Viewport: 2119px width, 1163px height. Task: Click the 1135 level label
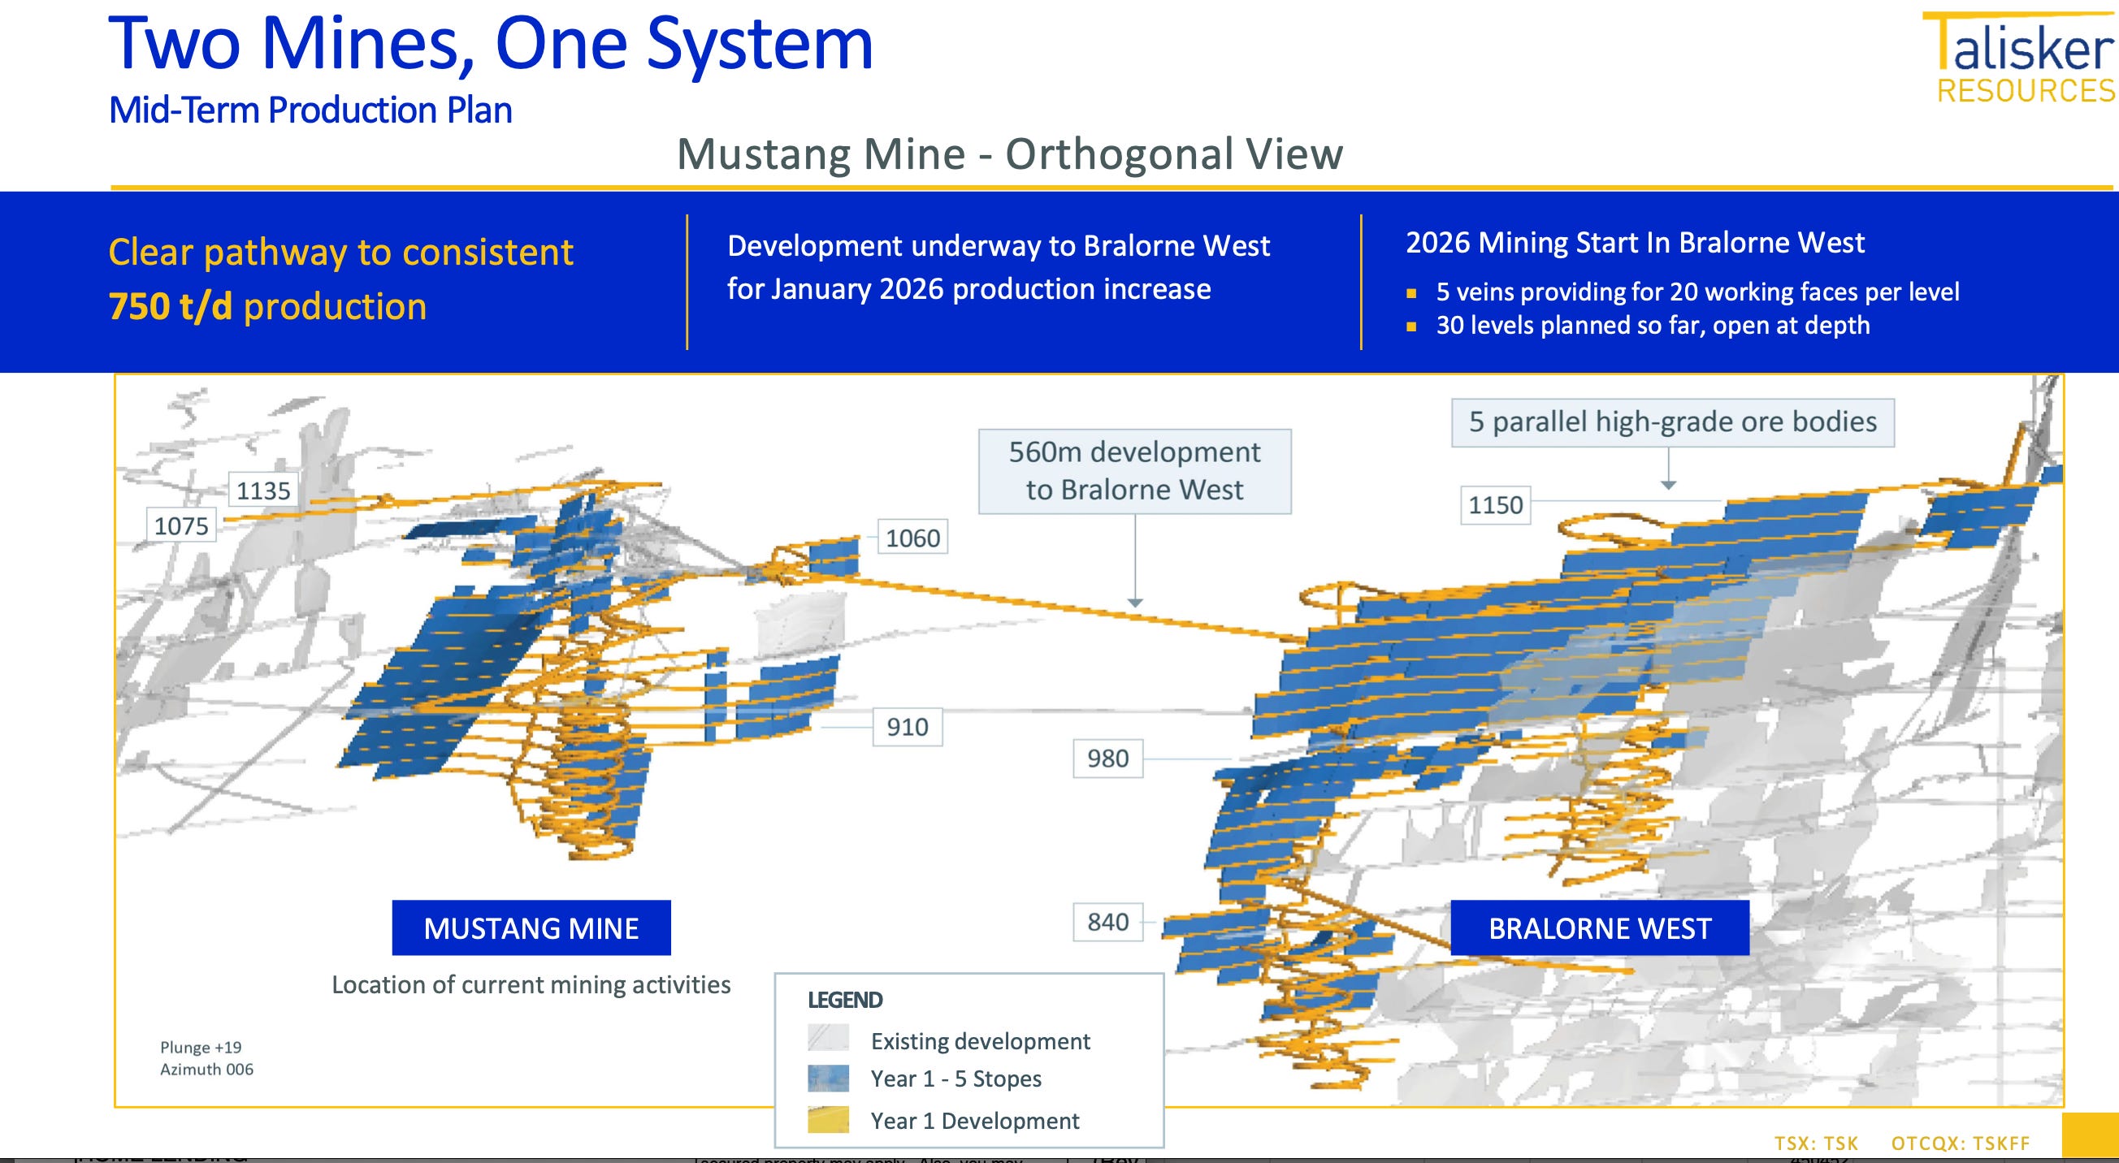pyautogui.click(x=263, y=491)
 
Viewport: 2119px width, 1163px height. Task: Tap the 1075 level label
pyautogui.click(x=181, y=525)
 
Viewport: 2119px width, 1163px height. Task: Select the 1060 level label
pyautogui.click(x=912, y=538)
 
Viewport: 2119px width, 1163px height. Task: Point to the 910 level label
pyautogui.click(x=907, y=727)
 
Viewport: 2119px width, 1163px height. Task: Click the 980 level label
pyautogui.click(x=1107, y=759)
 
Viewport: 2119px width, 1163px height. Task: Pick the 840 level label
pyautogui.click(x=1107, y=922)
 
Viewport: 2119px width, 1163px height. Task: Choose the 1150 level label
pyautogui.click(x=1495, y=505)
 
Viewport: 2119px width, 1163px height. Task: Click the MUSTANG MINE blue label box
pyautogui.click(x=531, y=927)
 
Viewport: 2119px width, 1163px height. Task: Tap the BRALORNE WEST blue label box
pyautogui.click(x=1599, y=927)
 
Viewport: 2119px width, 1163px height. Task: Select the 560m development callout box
pyautogui.click(x=1134, y=471)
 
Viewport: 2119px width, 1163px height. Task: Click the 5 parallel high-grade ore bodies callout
pyautogui.click(x=1672, y=422)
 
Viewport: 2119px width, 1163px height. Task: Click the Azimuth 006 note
pyautogui.click(x=206, y=1070)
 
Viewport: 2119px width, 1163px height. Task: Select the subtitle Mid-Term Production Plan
pyautogui.click(x=310, y=110)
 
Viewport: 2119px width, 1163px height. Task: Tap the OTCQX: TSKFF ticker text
pyautogui.click(x=1961, y=1144)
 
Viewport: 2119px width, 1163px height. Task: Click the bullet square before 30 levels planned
pyautogui.click(x=1411, y=326)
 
